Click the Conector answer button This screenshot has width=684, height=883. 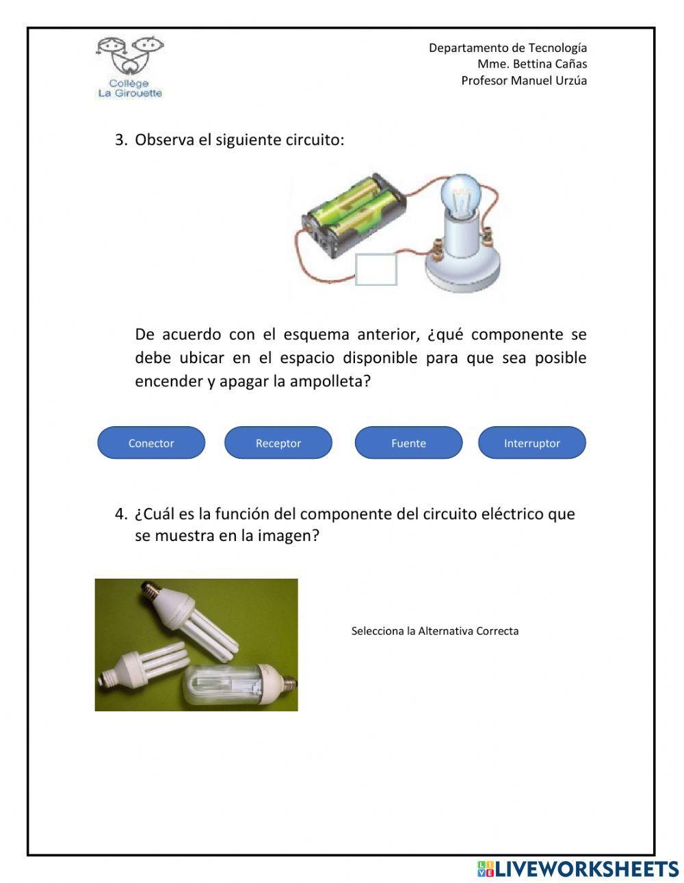pyautogui.click(x=151, y=443)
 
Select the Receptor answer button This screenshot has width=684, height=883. pyautogui.click(x=278, y=443)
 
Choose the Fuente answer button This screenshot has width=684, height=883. pyautogui.click(x=408, y=443)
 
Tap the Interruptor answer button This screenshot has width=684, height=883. pyautogui.click(x=531, y=443)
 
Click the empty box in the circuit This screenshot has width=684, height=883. pyautogui.click(x=376, y=269)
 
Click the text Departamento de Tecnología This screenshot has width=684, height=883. pyautogui.click(x=508, y=48)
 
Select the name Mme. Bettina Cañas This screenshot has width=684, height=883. pyautogui.click(x=531, y=64)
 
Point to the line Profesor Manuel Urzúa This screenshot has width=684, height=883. pyautogui.click(x=523, y=81)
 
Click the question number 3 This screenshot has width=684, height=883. pyautogui.click(x=120, y=140)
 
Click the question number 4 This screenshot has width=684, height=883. pyautogui.click(x=120, y=514)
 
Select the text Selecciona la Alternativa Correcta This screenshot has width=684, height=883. pyautogui.click(x=434, y=631)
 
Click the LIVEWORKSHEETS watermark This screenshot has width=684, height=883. pyautogui.click(x=578, y=869)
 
